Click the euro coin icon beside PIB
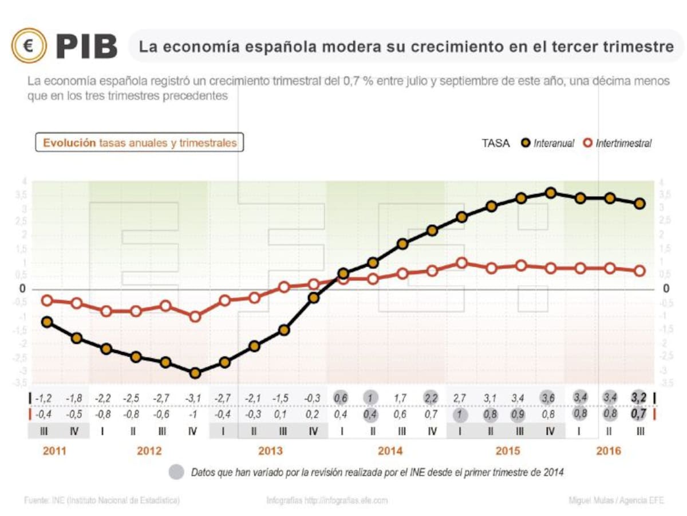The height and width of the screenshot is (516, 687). coord(29,46)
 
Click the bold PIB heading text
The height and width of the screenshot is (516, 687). coord(86,46)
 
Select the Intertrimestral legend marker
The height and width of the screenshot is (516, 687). coord(587,143)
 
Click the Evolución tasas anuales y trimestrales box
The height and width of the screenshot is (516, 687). coord(140,143)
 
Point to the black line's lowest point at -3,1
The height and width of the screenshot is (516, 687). coord(195,373)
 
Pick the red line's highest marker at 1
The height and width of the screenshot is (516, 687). coord(462,263)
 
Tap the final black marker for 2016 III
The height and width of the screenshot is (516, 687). coord(640,204)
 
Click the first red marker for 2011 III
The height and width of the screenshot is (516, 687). coord(47,300)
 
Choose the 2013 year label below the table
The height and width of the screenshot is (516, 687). coord(270,451)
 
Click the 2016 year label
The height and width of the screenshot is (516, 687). coord(608,451)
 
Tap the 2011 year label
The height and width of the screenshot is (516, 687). coord(54,451)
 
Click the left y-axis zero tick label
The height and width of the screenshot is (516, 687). coord(23,289)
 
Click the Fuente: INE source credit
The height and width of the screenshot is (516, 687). coord(102,501)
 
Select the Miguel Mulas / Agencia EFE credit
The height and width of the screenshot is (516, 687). coord(617,501)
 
